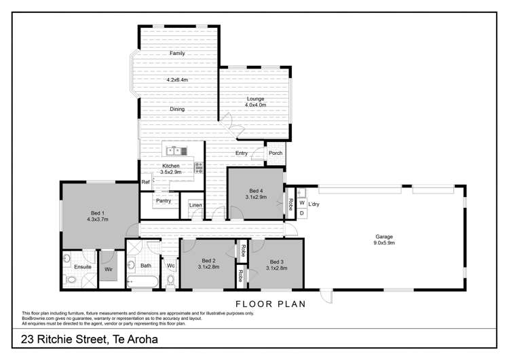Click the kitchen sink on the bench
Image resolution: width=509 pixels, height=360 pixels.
pos(175,151)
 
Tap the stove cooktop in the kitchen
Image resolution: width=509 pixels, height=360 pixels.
pos(199,166)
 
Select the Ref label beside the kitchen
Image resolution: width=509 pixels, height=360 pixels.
pos(145,183)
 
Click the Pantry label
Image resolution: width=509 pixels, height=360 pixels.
pos(163,200)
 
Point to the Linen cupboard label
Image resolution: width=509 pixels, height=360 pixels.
pos(195,204)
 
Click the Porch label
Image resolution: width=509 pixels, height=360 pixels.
pos(276,153)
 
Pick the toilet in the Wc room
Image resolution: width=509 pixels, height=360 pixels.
pos(171,279)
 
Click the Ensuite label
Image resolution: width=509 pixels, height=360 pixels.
pos(83,267)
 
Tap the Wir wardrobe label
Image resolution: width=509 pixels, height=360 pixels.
pos(107,269)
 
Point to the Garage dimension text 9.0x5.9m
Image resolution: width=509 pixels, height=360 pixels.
pos(384,242)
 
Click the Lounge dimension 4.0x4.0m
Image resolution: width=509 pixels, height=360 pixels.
pos(255,105)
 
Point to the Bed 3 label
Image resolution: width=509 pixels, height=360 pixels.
pos(276,262)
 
